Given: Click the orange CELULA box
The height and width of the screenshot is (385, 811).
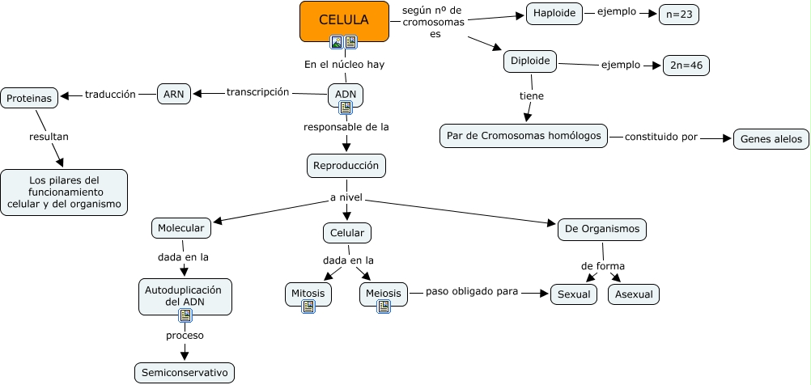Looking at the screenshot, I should pos(344,19).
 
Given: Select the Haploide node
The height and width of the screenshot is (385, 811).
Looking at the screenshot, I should pos(554,13).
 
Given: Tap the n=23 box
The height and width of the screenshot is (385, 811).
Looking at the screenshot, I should pos(679,15).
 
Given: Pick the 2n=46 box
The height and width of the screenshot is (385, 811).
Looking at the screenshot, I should pos(686,66).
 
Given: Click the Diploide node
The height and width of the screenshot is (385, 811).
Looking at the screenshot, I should pos(531,61).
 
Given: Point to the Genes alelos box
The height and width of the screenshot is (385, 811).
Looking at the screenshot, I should pos(771,138).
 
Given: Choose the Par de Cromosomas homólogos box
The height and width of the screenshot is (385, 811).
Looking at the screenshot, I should pos(524,136).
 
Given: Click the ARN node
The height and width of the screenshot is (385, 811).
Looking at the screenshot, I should pos(174,94).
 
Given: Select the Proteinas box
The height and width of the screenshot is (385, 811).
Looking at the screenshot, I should pos(30,98).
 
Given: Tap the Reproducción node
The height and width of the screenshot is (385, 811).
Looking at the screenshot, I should pos(346,165).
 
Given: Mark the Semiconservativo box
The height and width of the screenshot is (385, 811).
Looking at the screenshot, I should pos(185,372).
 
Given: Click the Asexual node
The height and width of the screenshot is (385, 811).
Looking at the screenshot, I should pos(634,294).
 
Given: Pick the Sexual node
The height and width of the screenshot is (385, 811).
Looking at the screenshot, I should pos(573,294).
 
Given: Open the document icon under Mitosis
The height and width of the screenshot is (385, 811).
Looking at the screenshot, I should pos(308,306).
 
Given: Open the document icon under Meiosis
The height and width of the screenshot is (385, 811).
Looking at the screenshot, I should pos(384,306).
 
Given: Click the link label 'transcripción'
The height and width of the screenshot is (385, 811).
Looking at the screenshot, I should pos(257,92).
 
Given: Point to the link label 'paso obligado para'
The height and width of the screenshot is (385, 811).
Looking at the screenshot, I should pos(472,291).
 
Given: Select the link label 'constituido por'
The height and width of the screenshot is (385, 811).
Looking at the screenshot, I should pos(660,137).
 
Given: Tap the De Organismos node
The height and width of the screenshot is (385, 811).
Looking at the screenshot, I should pos(602,229).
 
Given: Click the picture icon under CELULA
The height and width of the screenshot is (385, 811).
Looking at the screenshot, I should pos(337,42).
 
